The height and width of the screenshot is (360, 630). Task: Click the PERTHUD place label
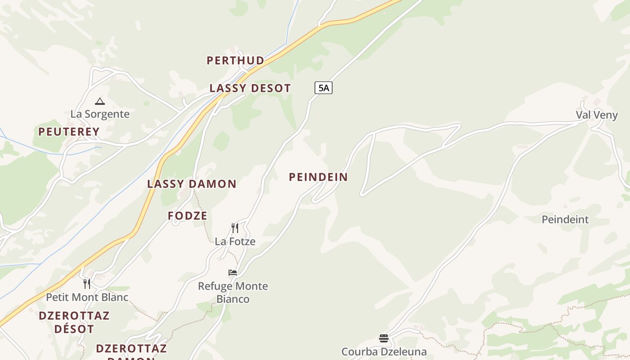click(x=235, y=60)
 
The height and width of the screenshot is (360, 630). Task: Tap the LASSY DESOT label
click(x=250, y=88)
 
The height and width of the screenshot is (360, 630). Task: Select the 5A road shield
click(x=323, y=88)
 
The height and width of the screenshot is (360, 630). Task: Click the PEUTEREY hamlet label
click(x=69, y=132)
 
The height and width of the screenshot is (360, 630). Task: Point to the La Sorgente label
click(x=100, y=114)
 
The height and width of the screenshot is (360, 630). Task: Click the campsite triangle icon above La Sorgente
click(x=100, y=102)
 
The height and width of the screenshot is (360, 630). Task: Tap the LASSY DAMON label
click(x=192, y=184)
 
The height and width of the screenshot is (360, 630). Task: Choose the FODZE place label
click(x=188, y=216)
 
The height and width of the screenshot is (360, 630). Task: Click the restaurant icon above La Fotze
click(x=234, y=228)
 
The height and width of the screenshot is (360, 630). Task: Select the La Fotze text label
click(x=235, y=242)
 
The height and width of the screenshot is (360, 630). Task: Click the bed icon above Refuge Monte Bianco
click(x=233, y=273)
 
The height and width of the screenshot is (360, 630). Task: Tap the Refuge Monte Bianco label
click(x=233, y=292)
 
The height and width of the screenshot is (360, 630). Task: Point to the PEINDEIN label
click(x=319, y=177)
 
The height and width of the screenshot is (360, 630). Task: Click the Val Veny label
click(x=597, y=115)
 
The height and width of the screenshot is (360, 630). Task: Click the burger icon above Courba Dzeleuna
click(x=383, y=338)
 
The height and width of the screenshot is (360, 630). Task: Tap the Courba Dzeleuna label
click(x=384, y=351)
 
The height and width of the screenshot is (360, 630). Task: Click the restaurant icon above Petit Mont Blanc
click(x=87, y=284)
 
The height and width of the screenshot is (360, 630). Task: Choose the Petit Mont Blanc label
click(x=87, y=297)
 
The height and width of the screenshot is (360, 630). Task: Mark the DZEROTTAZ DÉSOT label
click(x=74, y=322)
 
